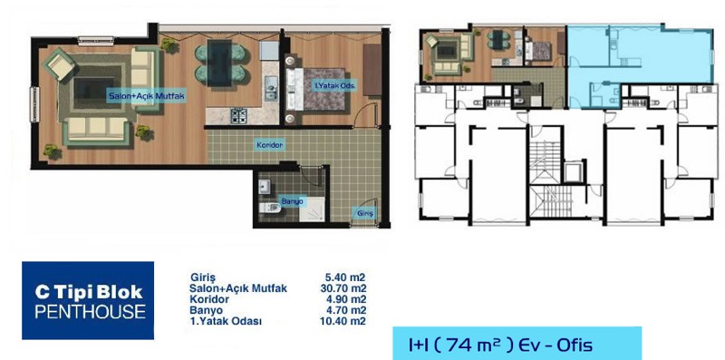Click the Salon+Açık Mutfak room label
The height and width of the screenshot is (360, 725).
click(147, 96)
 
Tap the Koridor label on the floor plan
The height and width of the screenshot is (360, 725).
click(270, 145)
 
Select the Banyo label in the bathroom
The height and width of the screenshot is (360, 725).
click(293, 201)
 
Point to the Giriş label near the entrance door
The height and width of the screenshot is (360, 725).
click(365, 213)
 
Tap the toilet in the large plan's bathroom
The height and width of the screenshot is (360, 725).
click(269, 208)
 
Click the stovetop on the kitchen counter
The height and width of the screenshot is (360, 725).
click(239, 115)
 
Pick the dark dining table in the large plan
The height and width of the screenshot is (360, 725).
click(219, 63)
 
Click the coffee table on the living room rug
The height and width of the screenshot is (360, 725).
click(94, 91)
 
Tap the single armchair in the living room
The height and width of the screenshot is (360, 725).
click(60, 64)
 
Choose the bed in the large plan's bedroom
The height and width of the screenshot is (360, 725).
click(315, 89)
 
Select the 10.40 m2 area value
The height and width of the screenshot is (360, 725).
click(343, 321)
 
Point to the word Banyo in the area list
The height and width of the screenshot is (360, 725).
click(206, 310)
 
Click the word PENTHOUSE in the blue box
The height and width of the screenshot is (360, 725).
click(90, 311)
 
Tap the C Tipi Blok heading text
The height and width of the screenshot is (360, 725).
click(89, 292)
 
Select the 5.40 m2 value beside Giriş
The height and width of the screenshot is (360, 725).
click(345, 277)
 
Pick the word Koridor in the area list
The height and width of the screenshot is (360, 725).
click(209, 299)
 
